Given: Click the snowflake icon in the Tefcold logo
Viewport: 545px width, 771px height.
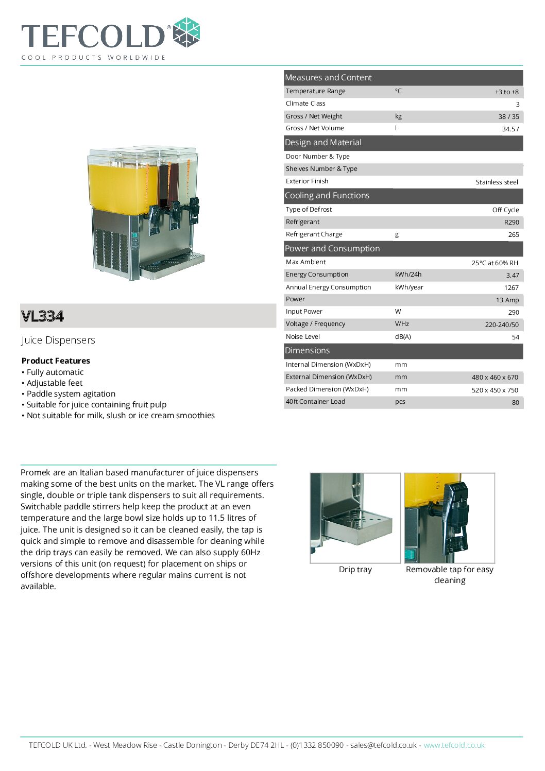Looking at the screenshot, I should click(186, 32).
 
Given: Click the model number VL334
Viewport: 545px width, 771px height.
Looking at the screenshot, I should click(43, 316).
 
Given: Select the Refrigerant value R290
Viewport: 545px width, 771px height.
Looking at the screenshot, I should click(512, 222).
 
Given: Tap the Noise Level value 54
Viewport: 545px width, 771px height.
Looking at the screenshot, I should click(515, 337).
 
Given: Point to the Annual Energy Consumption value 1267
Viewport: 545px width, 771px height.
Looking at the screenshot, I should click(511, 288).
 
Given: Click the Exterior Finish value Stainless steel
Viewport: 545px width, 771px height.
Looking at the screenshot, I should click(497, 182).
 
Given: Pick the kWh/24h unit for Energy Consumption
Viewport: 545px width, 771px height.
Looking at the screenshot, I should click(408, 275).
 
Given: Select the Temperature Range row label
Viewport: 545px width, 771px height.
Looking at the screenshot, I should click(315, 91).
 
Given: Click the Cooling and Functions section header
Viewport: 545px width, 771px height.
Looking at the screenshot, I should click(327, 196).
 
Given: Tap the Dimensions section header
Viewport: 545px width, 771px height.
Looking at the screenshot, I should click(307, 351).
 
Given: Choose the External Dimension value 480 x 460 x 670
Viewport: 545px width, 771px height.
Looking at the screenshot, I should click(495, 378).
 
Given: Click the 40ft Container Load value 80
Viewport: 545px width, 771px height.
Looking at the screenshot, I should click(515, 403).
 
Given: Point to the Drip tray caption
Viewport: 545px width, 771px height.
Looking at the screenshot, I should click(355, 570).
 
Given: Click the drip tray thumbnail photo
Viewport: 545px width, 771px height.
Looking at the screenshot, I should click(355, 518).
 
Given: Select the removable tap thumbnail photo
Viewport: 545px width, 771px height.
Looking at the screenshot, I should click(449, 518).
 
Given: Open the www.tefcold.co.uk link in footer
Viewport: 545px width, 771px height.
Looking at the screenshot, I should click(454, 745).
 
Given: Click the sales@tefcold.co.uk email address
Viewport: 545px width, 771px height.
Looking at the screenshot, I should click(383, 745).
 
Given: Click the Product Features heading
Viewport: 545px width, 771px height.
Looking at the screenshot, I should click(56, 361).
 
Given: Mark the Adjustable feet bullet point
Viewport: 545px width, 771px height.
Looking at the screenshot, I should click(55, 383).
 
